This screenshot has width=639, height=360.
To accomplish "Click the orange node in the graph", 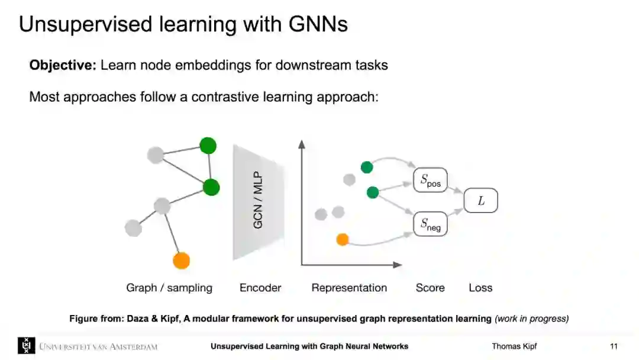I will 181,261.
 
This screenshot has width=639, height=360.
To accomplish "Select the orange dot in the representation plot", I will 342,239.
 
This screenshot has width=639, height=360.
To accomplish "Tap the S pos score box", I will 430,181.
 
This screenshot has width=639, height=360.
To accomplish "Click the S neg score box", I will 430,224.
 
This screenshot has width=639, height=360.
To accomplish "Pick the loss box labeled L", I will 480,201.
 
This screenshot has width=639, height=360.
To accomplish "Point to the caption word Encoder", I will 260,288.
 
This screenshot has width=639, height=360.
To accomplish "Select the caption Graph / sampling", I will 169,288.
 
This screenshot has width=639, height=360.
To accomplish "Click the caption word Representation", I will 349,288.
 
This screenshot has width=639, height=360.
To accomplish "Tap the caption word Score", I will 430,288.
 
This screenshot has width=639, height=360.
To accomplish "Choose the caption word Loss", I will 480,288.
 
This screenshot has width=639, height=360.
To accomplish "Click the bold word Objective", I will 63,65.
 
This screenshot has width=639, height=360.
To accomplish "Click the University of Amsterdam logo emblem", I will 27,346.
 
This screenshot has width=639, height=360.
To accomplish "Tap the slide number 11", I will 614,346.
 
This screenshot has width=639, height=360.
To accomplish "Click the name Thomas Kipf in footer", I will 514,346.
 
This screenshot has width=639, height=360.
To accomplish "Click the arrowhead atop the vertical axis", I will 302,143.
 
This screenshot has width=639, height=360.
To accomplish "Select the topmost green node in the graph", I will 208,146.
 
